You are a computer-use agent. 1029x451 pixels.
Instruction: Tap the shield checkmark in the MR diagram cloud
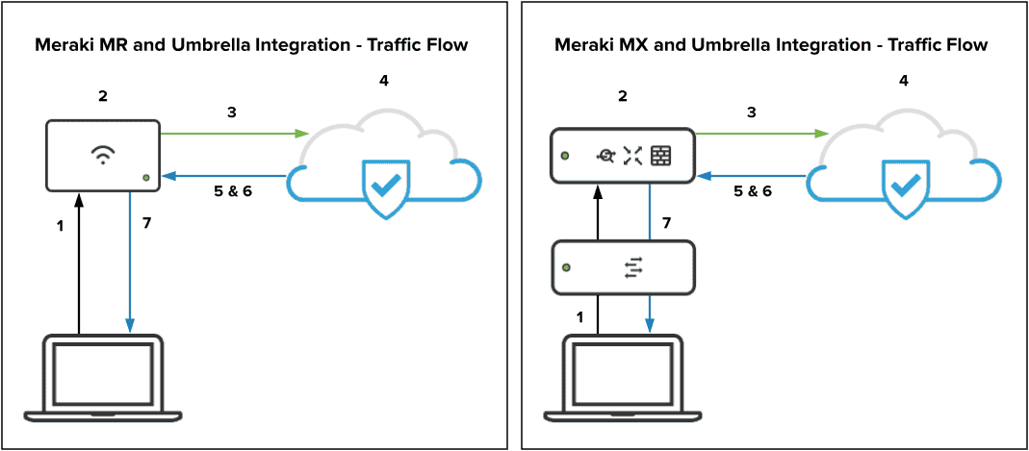pos(383,186)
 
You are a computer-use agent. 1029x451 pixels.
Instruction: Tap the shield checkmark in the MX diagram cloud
pos(902,186)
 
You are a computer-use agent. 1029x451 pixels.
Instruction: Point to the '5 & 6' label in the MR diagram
pos(232,190)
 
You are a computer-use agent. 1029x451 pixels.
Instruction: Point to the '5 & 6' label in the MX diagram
pos(753,190)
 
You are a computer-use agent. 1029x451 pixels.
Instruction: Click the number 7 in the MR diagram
pos(146,223)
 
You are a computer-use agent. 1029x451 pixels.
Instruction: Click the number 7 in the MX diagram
pos(666,223)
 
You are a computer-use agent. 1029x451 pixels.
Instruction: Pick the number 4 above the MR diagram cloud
pos(384,80)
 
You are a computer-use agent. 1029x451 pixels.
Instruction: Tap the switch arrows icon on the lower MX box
pos(632,268)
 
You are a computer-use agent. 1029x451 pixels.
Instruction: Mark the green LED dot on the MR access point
pos(145,177)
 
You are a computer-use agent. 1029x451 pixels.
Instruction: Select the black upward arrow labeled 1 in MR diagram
pos(80,260)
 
